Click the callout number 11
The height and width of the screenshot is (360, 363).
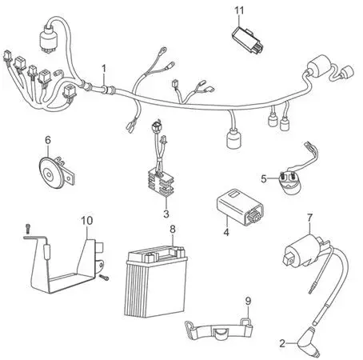pos(239,10)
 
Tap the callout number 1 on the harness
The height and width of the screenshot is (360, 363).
pos(104,69)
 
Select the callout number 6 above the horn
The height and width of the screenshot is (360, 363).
pos(48,140)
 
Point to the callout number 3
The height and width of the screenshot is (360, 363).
pos(166,214)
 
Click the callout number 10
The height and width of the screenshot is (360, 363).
pos(87,221)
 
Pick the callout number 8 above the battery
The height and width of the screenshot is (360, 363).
pos(173,229)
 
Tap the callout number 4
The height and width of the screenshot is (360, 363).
pos(226,232)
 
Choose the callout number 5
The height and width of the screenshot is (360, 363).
pos(264,178)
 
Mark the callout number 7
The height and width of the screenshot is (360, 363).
pos(309,218)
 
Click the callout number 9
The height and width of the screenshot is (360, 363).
pos(248,302)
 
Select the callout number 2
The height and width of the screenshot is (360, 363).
pos(282,343)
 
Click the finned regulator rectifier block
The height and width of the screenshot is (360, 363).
pos(161,182)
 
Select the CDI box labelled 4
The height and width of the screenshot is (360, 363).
pos(237,207)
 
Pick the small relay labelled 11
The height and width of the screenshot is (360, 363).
pos(247,40)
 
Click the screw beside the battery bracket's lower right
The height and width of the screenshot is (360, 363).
pos(104,278)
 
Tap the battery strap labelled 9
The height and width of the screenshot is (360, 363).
pos(218,329)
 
